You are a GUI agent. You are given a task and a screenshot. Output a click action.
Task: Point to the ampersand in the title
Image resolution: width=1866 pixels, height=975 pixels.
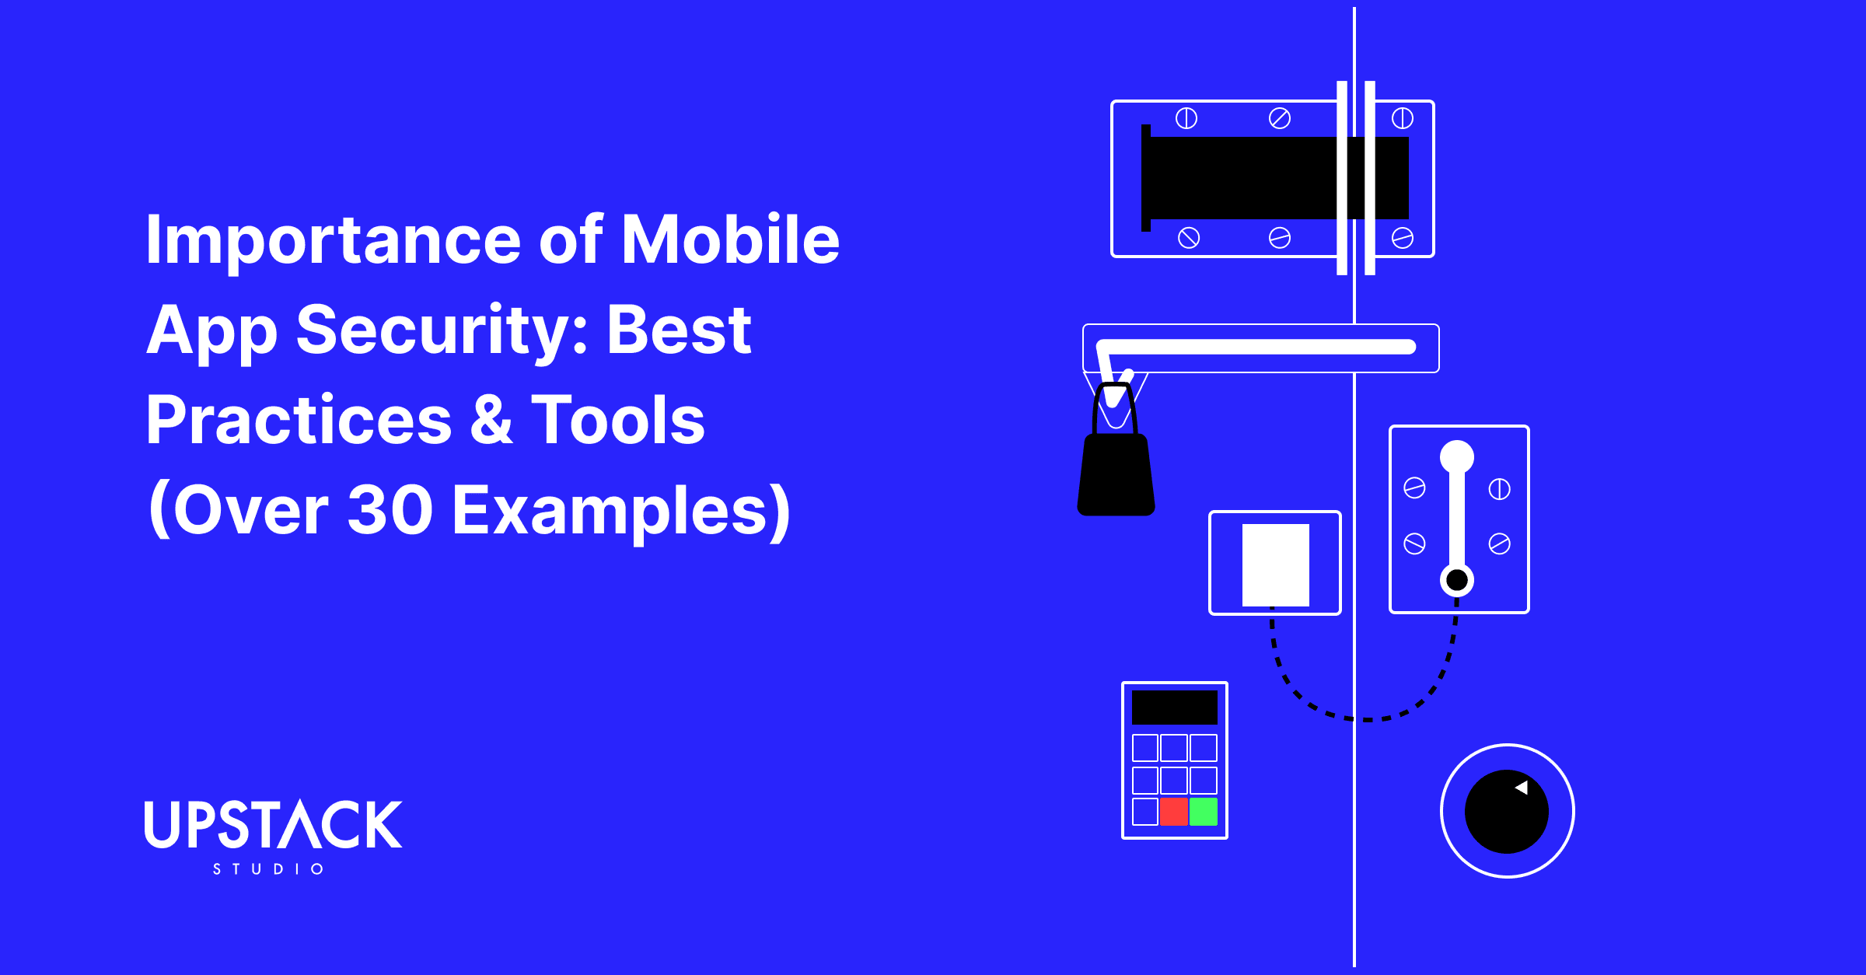point(491,420)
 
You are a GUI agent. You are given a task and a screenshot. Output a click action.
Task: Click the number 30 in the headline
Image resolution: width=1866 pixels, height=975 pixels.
point(390,510)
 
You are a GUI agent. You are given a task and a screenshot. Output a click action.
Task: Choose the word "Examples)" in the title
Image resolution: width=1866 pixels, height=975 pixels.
point(621,510)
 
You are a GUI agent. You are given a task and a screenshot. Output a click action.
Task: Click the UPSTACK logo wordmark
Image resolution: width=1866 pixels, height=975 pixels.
point(273,824)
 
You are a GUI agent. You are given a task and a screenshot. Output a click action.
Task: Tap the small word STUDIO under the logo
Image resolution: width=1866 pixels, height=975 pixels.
point(268,868)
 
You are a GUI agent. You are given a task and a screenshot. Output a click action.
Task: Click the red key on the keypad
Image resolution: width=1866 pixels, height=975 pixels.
point(1173,811)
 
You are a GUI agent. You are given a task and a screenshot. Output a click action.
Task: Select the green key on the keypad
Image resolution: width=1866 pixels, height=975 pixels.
point(1203,811)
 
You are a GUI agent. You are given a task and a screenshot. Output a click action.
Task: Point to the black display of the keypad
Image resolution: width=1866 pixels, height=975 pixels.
point(1174,708)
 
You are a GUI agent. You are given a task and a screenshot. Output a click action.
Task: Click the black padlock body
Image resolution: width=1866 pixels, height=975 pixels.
point(1116,476)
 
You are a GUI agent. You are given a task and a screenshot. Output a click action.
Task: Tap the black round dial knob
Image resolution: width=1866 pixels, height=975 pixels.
point(1505,812)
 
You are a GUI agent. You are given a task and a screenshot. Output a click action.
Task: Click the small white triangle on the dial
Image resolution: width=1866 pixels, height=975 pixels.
point(1522,788)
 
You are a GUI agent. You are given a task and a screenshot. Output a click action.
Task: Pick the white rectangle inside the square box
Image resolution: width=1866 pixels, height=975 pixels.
point(1275,564)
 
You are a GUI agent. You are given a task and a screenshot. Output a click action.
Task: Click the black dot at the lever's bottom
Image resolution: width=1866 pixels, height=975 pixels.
point(1456,580)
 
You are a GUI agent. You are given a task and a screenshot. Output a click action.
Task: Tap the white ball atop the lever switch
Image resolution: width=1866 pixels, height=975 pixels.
point(1456,456)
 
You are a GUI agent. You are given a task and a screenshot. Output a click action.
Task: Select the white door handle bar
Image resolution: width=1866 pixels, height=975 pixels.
point(1260,347)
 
